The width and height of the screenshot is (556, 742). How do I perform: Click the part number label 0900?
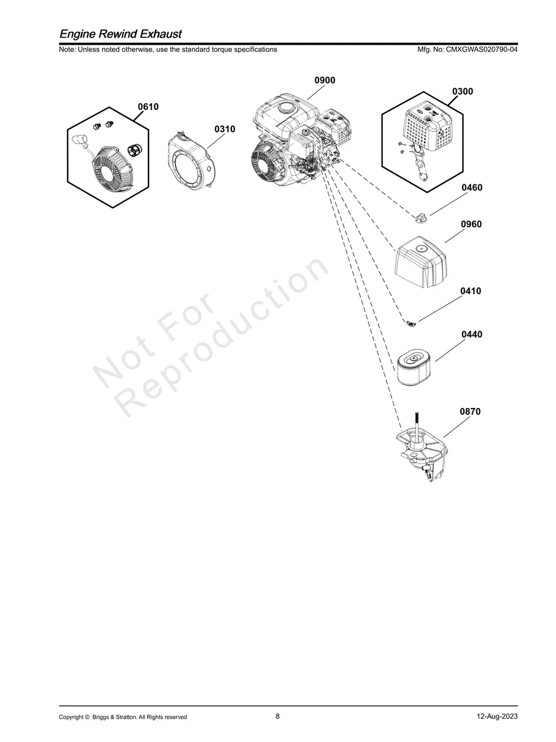[325, 80]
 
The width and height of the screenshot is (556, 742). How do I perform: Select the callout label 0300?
[463, 92]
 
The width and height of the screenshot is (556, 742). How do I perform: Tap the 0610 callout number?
[148, 107]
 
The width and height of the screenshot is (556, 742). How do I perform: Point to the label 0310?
[225, 129]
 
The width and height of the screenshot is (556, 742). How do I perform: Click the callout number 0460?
[472, 187]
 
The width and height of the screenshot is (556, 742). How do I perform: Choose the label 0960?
[471, 224]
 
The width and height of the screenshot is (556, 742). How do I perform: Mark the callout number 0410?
[471, 291]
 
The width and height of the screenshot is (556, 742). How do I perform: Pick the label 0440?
[472, 334]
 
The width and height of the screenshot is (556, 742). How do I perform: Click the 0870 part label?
[470, 412]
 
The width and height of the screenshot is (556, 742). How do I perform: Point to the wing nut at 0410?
[412, 324]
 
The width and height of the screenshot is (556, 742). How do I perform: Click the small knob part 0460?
[420, 217]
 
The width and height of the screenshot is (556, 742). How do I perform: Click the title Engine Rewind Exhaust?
[120, 34]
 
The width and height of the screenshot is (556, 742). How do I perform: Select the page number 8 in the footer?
[277, 716]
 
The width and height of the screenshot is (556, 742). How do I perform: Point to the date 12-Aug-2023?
[497, 716]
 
